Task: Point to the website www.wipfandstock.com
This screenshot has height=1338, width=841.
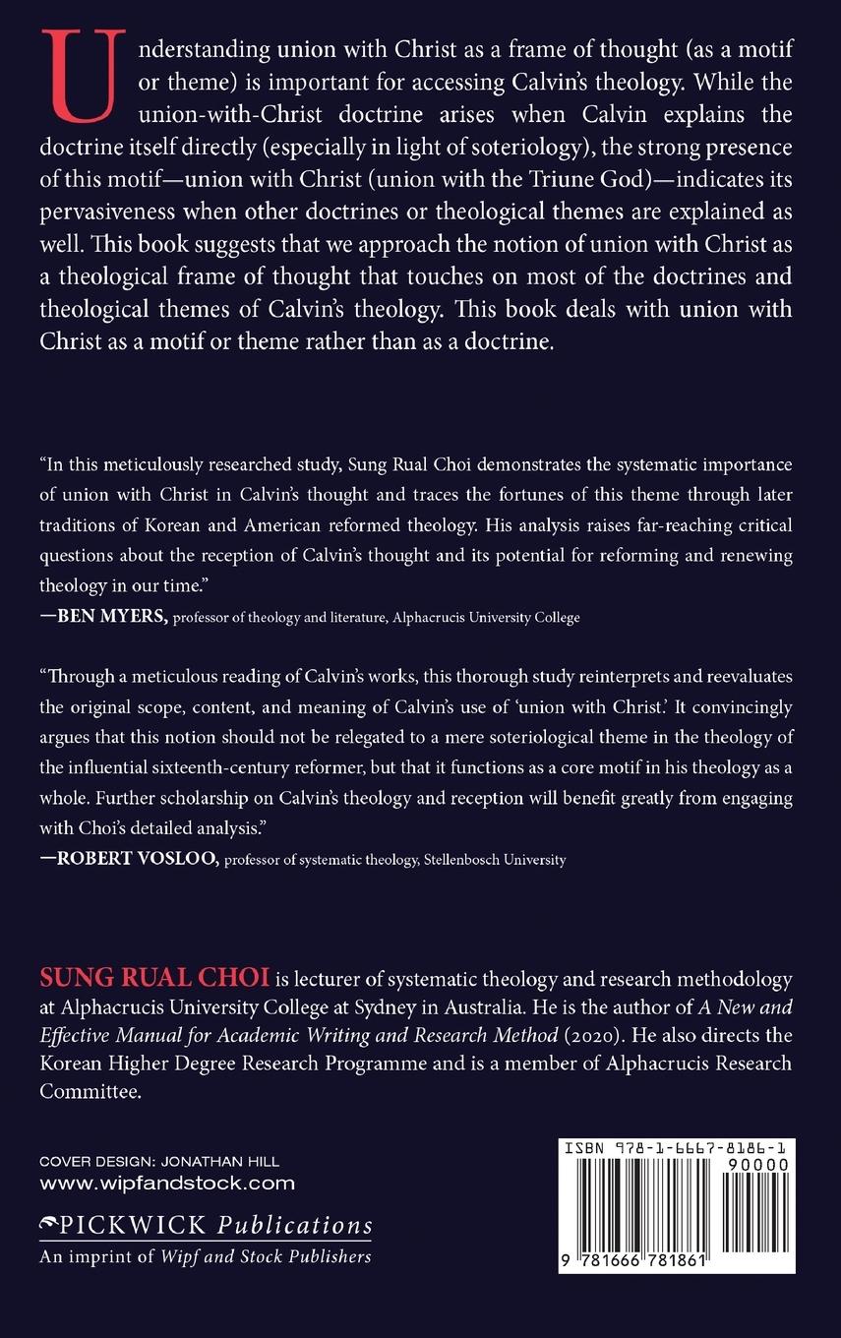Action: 166,1184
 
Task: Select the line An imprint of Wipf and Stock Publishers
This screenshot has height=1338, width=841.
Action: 205,1256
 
